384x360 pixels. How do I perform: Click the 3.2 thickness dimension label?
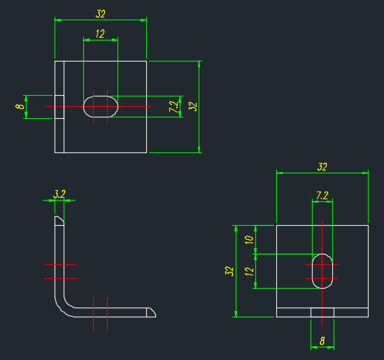point(59,194)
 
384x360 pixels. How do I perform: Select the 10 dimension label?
point(249,240)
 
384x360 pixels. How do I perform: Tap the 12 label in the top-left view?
point(100,34)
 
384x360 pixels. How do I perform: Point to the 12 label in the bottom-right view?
point(249,271)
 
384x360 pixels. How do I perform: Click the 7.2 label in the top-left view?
point(173,107)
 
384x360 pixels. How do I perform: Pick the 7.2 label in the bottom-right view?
point(322,196)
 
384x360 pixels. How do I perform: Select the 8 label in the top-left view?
point(20,106)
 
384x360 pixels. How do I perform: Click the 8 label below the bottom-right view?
point(322,341)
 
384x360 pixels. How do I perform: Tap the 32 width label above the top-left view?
point(100,14)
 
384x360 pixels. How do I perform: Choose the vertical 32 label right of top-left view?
point(193,107)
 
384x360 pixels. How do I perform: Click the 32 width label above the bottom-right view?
point(322,167)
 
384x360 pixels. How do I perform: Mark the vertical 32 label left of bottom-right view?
point(229,271)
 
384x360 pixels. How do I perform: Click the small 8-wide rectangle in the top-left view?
point(59,107)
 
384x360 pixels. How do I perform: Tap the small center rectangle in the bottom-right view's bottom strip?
point(322,312)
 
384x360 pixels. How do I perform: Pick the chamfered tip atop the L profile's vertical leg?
point(59,221)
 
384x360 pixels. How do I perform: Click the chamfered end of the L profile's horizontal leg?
point(151,312)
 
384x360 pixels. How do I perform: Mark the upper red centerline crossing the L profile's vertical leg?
point(60,264)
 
